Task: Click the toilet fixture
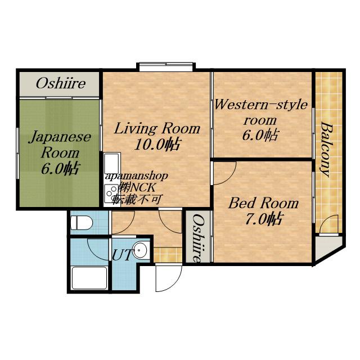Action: [x=82, y=223]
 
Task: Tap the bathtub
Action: [x=89, y=278]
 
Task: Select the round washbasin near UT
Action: [x=141, y=250]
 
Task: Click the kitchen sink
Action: [x=112, y=163]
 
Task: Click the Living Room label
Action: [x=157, y=128]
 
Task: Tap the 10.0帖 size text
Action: [x=156, y=145]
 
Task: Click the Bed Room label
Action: [x=263, y=203]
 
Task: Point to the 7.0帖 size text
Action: [x=263, y=219]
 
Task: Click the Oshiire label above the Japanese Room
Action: [x=61, y=83]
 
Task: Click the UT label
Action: [x=122, y=255]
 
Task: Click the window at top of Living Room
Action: [x=165, y=67]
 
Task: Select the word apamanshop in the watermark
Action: [x=136, y=176]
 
